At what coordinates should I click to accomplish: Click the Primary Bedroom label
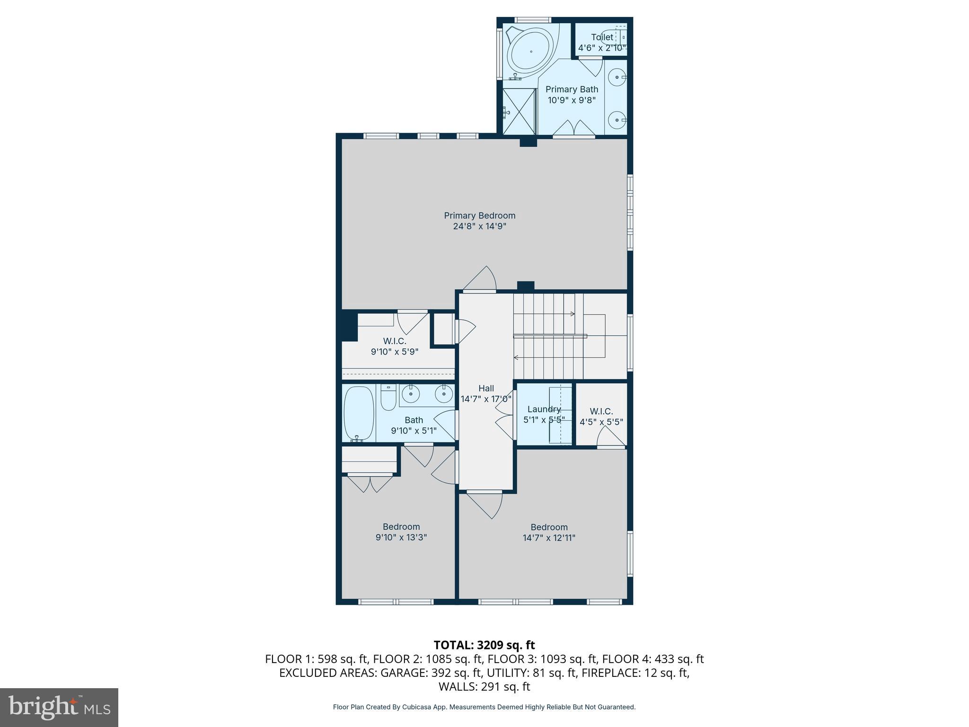(x=479, y=216)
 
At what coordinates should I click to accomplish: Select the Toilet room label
(x=602, y=37)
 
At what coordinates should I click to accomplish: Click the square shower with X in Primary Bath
(x=518, y=112)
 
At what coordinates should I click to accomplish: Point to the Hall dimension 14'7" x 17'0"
(x=486, y=399)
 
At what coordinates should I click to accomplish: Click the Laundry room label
(x=544, y=409)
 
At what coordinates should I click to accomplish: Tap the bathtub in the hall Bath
(x=358, y=413)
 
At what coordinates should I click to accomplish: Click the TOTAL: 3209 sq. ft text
(x=484, y=645)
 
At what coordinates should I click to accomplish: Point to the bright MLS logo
(x=59, y=708)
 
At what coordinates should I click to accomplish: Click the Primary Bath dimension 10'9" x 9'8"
(x=572, y=100)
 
